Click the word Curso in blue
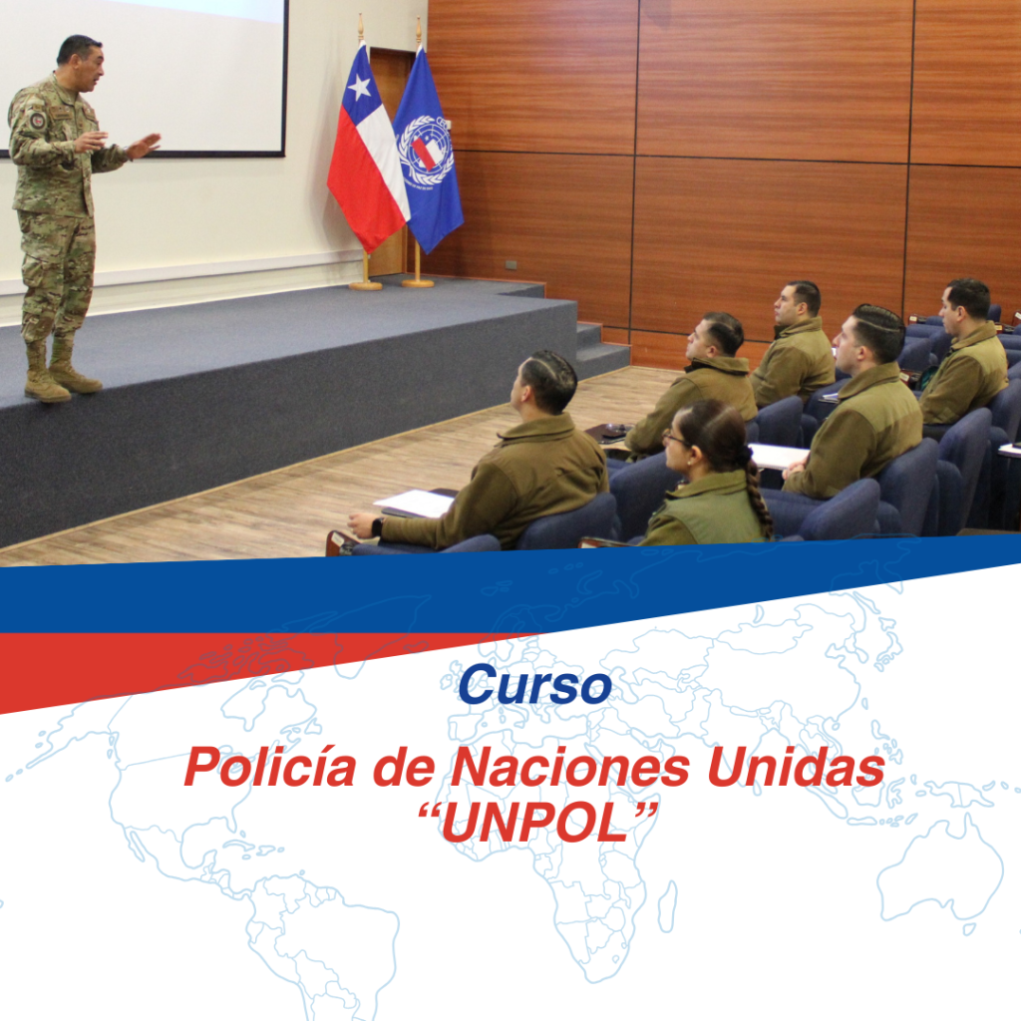click(534, 685)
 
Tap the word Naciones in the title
click(569, 767)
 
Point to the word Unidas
click(796, 767)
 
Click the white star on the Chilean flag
click(359, 87)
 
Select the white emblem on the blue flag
click(425, 153)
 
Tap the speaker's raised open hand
click(144, 146)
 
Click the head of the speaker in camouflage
click(80, 61)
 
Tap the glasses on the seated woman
click(675, 440)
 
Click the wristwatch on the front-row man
click(377, 526)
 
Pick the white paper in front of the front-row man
click(414, 504)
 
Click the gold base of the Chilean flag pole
click(365, 284)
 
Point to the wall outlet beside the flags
click(511, 265)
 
